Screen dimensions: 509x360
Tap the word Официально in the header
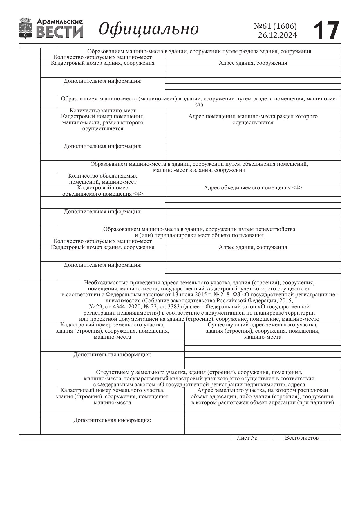149,29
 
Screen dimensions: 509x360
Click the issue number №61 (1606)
275,26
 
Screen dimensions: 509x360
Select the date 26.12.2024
277,35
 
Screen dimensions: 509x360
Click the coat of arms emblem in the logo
26,28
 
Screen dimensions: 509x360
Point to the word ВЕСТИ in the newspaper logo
60,32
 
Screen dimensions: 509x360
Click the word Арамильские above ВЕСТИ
60,21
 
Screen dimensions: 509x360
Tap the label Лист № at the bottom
247,438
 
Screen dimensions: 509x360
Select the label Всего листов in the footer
302,438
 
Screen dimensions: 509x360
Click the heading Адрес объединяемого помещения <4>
253,188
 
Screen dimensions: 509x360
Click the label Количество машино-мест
103,111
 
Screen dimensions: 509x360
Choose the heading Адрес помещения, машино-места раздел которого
253,116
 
